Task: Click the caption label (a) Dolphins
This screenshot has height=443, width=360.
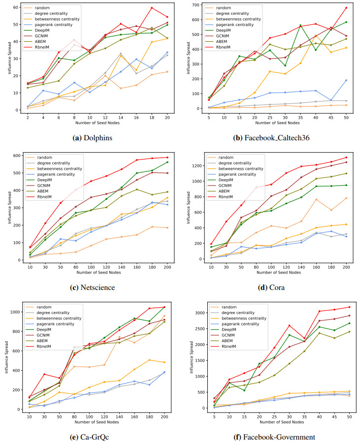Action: pos(93,138)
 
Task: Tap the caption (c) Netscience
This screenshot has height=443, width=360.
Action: pos(93,287)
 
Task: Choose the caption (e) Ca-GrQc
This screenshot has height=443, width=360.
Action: pos(93,437)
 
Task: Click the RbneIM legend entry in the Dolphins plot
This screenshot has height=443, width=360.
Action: pos(48,48)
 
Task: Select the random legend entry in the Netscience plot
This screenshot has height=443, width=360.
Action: pos(45,157)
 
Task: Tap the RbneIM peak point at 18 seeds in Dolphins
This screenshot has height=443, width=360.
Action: pos(152,8)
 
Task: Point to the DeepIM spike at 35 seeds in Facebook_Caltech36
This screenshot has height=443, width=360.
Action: pos(300,25)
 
